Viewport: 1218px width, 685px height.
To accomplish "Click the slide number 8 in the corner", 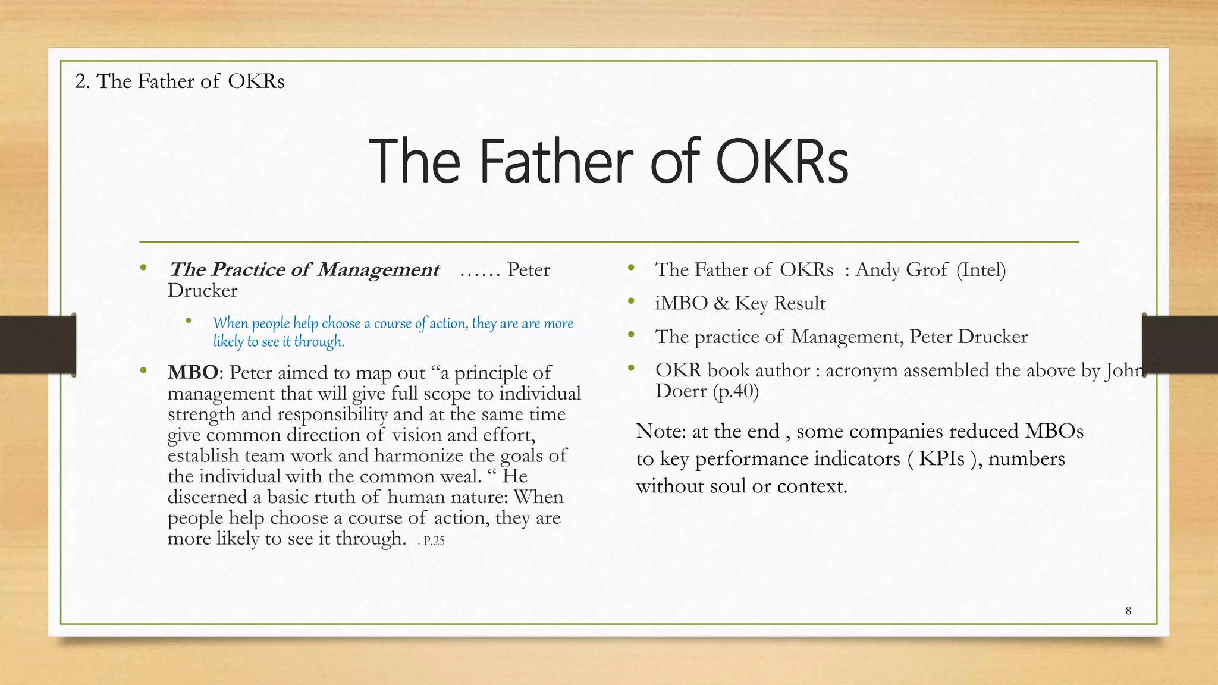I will [1128, 611].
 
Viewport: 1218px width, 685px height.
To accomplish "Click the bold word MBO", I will [193, 373].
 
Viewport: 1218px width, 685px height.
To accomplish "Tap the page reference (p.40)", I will [736, 391].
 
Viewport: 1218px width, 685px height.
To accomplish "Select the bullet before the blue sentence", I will [189, 322].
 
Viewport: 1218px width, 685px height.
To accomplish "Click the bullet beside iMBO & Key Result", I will [631, 302].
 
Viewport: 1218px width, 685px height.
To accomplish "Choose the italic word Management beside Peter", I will [378, 270].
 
